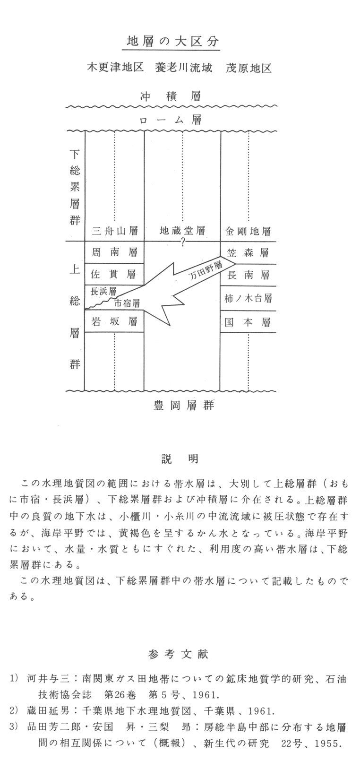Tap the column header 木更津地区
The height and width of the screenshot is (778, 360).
115,68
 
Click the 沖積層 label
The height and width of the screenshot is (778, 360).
171,97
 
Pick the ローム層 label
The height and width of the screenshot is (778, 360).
171,120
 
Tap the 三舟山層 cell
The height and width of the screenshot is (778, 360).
115,231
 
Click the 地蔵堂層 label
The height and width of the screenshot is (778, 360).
182,231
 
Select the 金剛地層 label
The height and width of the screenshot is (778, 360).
248,231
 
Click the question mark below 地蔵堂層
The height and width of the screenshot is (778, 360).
182,243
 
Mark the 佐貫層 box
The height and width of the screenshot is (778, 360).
114,274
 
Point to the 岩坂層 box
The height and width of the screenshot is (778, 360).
114,322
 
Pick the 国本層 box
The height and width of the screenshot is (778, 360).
248,322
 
